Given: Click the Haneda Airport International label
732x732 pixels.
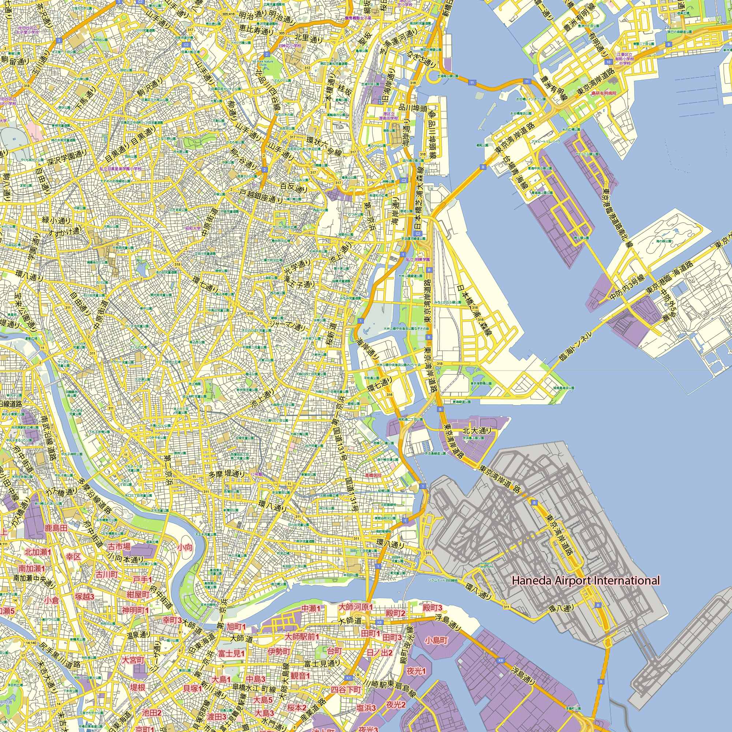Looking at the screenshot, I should point(586,580).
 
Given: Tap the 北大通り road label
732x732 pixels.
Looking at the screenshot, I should point(477,430).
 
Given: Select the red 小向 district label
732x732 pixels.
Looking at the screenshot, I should point(185,547).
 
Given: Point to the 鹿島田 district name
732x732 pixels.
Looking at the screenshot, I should point(56,528).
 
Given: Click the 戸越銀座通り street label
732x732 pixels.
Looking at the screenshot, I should point(261,196).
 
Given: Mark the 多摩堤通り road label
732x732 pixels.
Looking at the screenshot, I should point(227,474).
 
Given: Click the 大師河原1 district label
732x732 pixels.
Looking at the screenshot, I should point(355,607).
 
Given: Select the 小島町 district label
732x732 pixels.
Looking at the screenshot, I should point(436,640).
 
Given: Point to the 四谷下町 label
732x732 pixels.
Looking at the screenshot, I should point(346,690).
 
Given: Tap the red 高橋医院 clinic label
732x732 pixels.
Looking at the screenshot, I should point(373,475).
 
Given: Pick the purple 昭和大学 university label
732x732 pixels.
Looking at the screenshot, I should point(193,228).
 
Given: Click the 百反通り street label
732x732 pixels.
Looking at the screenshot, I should point(294,187).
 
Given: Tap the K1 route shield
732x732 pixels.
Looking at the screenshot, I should point(349,677).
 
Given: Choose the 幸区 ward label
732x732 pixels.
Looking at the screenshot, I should point(73,557).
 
